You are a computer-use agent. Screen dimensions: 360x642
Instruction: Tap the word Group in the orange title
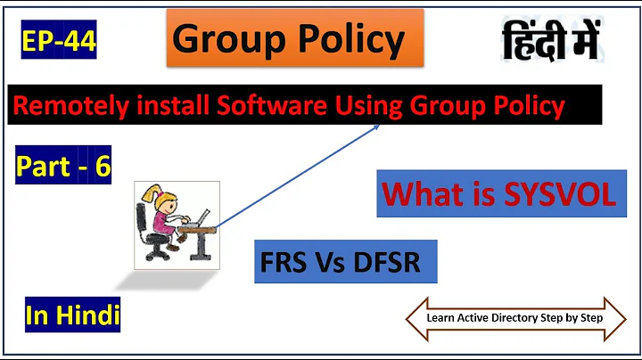222,40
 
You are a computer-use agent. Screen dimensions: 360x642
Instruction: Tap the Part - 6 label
63,167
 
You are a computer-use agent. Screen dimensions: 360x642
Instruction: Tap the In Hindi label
73,314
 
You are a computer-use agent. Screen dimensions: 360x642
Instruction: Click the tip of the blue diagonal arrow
378,127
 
